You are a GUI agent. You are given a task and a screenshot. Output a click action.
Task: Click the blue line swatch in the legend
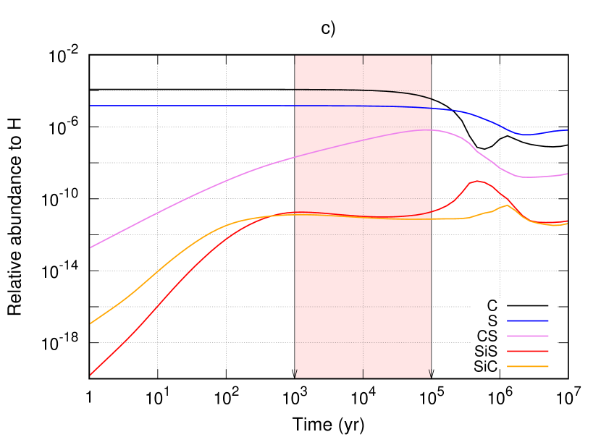[x=527, y=321]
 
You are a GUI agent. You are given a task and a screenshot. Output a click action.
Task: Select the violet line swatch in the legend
[x=527, y=336]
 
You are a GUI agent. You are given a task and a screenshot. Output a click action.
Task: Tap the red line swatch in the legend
[x=527, y=351]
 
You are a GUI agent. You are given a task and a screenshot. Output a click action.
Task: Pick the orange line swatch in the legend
[x=527, y=366]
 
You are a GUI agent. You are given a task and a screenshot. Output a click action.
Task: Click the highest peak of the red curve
[x=477, y=181]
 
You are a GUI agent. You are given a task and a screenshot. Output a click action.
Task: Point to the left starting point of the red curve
[x=90, y=375]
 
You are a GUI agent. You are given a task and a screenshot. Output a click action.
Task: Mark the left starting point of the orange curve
[x=90, y=323]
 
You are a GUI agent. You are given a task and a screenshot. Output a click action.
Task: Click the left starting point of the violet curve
[x=90, y=247]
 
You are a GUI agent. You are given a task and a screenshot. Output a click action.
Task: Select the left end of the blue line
[x=90, y=106]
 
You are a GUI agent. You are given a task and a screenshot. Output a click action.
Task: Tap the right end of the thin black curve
[x=431, y=98]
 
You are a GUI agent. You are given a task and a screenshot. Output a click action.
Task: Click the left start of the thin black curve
[x=295, y=90]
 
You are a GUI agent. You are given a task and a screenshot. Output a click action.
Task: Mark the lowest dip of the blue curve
[x=525, y=135]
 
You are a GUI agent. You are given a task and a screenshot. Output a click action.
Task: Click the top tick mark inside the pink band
[x=363, y=59]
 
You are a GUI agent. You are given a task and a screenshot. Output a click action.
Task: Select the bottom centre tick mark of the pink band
[x=363, y=373]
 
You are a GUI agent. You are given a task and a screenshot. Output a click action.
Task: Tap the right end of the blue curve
[x=567, y=130]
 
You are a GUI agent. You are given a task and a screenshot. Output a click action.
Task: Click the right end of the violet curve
[x=567, y=174]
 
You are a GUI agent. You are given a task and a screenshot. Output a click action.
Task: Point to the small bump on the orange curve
[x=506, y=205]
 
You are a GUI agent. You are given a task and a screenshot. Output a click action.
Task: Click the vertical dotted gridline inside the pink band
[x=363, y=217]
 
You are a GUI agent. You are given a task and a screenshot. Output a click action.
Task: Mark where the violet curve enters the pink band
[x=295, y=156]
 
